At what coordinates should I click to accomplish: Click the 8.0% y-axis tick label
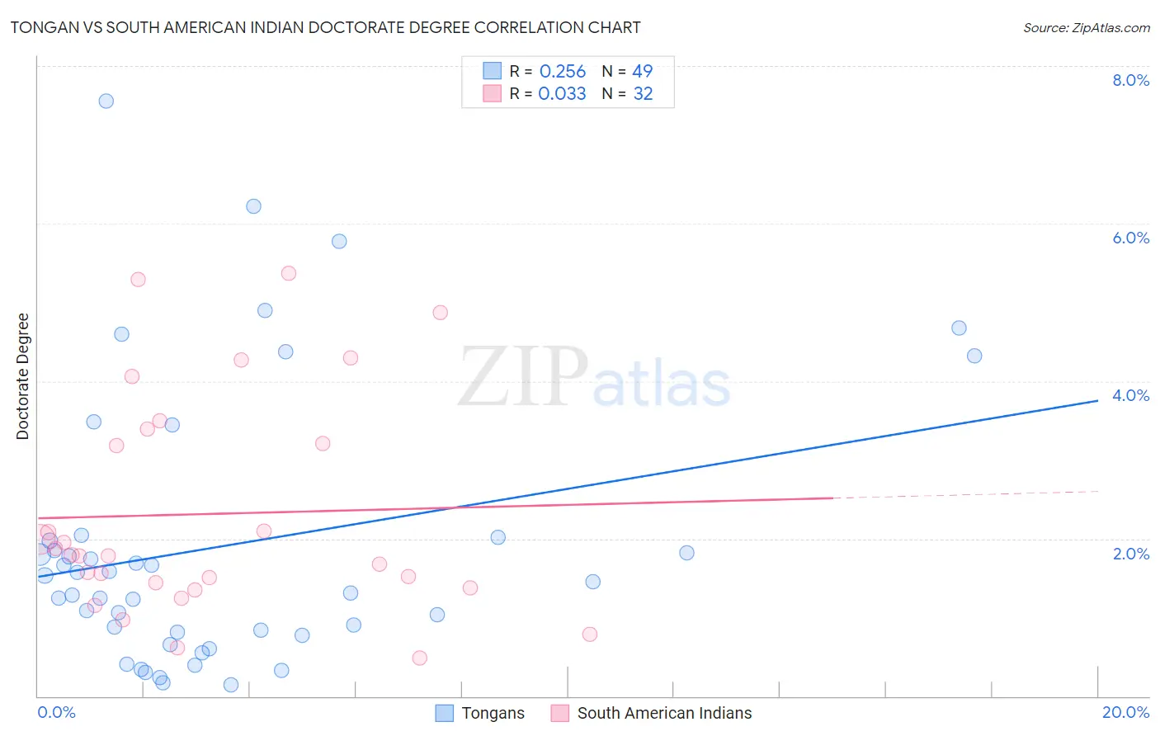tap(1130, 80)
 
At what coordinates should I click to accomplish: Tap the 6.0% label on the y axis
tap(1130, 238)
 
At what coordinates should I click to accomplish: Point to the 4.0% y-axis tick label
tap(1130, 395)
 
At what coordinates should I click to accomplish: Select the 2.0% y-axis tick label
tap(1130, 554)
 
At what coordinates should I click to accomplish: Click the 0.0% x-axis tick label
tap(56, 712)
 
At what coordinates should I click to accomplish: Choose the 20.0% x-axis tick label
tap(1125, 712)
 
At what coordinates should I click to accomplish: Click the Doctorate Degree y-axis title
tap(23, 376)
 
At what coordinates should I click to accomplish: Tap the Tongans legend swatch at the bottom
tap(445, 713)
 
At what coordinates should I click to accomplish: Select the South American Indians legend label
tap(664, 713)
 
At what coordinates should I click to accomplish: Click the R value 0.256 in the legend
tap(562, 72)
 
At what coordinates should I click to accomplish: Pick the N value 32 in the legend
tap(643, 94)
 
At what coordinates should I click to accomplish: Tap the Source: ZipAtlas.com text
tap(1086, 28)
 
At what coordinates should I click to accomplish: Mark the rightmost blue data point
tap(974, 356)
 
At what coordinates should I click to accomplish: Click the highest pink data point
tap(289, 273)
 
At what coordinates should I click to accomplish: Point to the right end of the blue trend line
tap(1097, 400)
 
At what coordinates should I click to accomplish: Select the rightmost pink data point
tap(590, 635)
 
